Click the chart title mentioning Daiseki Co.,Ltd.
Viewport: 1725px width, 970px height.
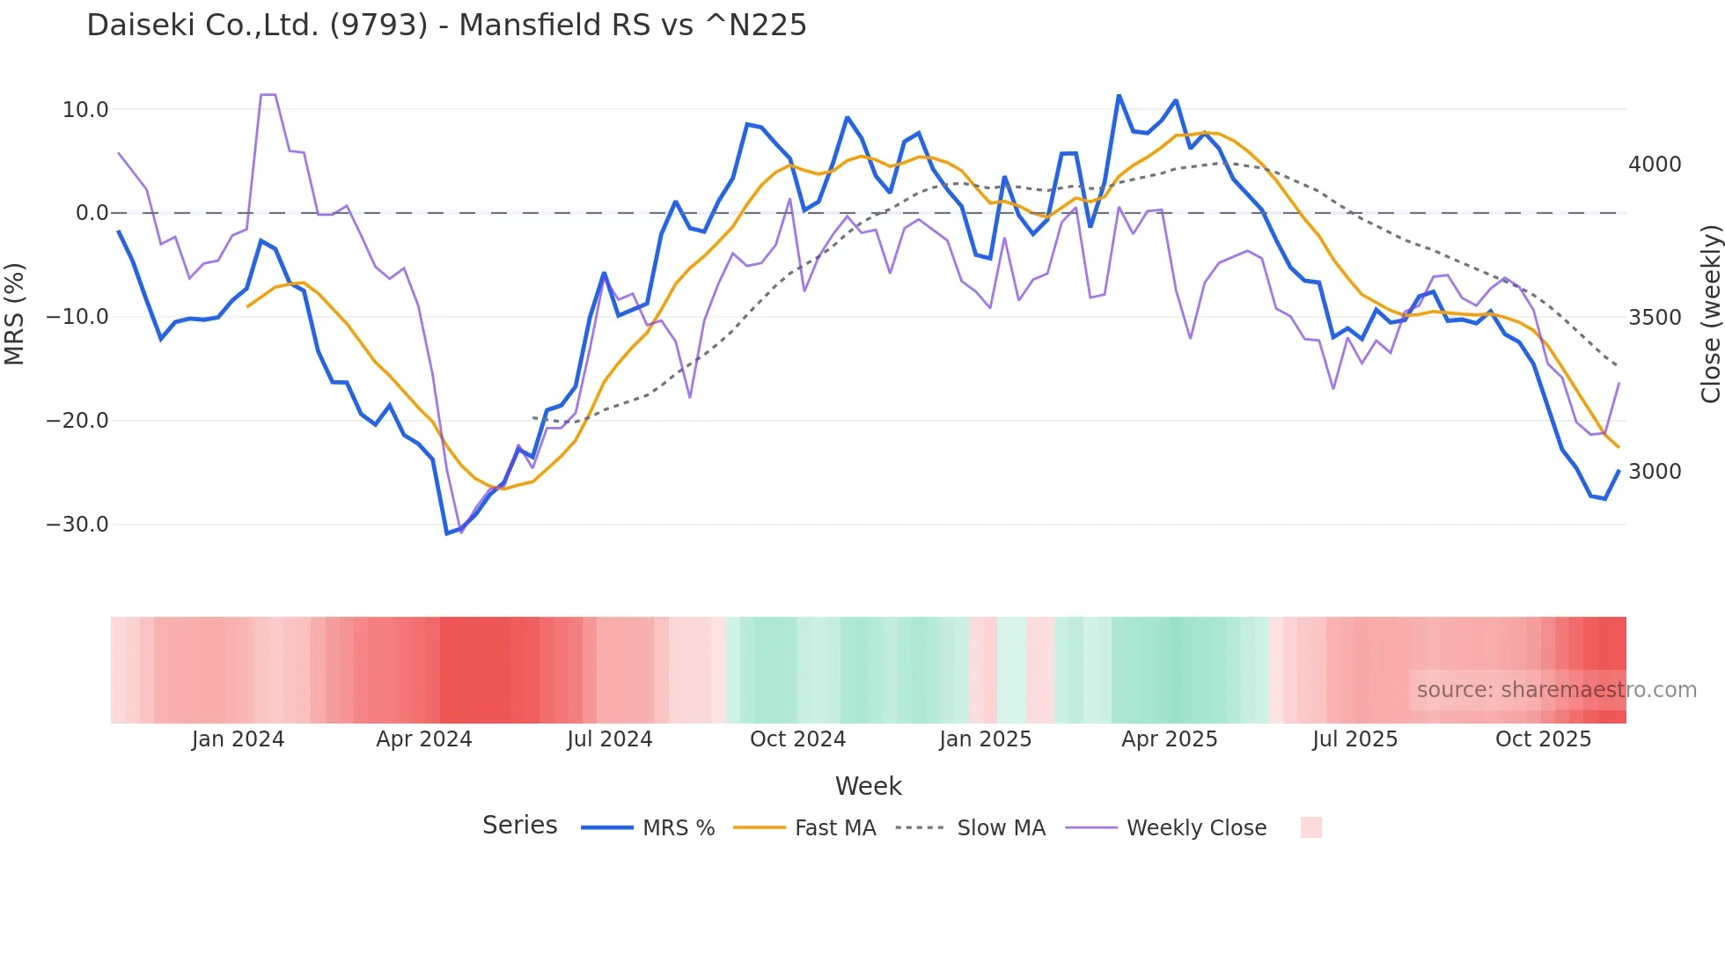coord(446,26)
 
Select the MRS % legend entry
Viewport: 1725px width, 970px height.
coord(678,828)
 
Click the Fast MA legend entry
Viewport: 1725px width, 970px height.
coord(834,828)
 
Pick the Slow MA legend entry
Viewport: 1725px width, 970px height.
coord(1001,828)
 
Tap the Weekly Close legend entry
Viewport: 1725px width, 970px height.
coord(1196,828)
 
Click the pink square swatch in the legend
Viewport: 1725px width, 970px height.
coord(1310,827)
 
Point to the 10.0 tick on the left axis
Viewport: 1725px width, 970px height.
coord(85,110)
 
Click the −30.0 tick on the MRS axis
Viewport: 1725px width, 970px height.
coord(77,525)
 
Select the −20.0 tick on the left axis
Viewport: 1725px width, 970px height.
coord(77,421)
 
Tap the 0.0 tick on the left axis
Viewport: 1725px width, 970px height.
coord(92,213)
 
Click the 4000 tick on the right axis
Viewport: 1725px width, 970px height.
coord(1655,165)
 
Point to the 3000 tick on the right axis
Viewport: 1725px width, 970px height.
coord(1655,472)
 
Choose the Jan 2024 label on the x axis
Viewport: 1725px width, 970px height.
coord(238,739)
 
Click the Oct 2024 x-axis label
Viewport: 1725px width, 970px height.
coord(797,739)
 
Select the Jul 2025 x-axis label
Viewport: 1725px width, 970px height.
coord(1354,739)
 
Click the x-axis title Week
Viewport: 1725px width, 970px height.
coord(868,786)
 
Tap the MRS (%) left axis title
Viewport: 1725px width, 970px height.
coord(15,313)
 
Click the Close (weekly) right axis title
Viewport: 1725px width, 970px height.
coord(1710,313)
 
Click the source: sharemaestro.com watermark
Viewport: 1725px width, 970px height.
coord(1556,690)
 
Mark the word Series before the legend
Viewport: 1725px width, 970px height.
coord(519,826)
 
